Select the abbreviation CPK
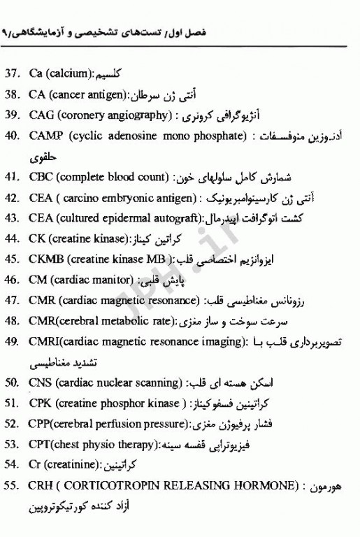[42, 404]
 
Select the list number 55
[13, 486]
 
